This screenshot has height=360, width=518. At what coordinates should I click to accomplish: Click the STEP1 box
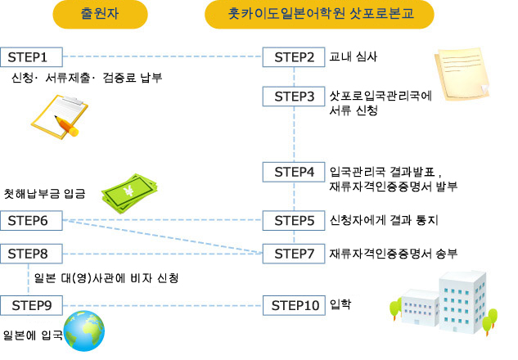31,57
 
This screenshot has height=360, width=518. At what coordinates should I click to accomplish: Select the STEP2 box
294,57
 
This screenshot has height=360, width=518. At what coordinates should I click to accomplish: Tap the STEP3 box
294,97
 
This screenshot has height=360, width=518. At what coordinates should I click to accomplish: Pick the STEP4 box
294,172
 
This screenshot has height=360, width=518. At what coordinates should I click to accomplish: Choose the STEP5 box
294,220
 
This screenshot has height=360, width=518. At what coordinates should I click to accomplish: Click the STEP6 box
31,220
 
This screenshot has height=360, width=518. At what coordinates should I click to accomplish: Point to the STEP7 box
294,254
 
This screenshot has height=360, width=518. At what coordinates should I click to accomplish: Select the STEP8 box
31,254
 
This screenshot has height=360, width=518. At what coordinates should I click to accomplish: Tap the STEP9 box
31,305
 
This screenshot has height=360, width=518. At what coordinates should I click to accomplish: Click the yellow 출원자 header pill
100,14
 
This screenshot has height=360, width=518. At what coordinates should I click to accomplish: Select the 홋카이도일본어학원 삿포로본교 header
319,14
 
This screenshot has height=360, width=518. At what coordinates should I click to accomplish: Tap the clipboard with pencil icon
60,117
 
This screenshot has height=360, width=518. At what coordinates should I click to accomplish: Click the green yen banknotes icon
129,193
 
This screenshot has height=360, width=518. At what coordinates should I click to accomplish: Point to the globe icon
84,331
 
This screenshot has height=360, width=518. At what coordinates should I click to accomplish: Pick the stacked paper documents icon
462,74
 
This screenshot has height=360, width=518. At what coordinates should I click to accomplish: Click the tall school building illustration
462,302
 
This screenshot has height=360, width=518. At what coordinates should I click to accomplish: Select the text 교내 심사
354,56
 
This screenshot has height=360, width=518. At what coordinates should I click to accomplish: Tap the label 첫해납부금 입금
44,194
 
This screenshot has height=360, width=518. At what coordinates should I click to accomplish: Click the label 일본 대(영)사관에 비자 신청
106,278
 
